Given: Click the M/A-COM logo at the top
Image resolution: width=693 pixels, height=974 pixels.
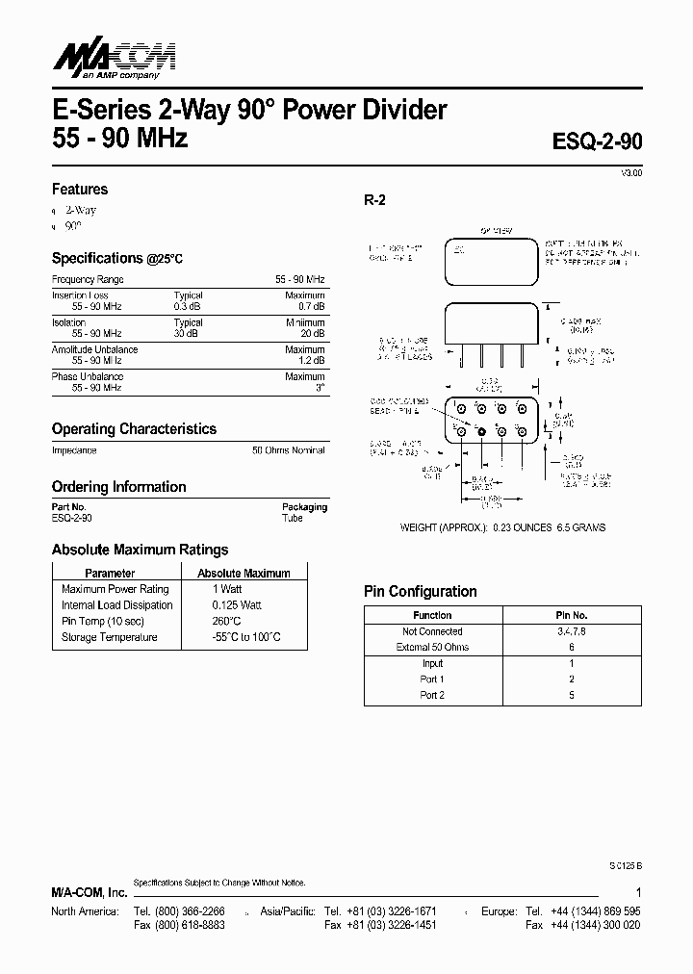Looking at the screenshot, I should [x=105, y=59].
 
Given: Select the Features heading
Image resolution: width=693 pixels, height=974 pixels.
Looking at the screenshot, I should [x=80, y=190].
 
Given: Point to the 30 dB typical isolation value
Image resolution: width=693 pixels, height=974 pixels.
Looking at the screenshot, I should [x=188, y=333].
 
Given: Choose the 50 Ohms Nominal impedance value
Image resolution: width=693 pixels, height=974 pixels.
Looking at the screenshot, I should [x=289, y=450].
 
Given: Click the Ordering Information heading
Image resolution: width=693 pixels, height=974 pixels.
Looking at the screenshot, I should [x=118, y=487].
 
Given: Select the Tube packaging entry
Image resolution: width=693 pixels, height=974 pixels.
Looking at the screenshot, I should [x=293, y=518].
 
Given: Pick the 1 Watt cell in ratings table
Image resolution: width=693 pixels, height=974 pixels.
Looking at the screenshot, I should [x=227, y=589].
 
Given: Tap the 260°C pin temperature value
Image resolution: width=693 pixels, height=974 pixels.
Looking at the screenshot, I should [x=227, y=621].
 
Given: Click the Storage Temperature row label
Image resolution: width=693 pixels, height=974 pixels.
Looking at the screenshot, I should [x=109, y=637].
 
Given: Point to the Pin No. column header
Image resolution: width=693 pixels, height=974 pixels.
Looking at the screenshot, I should [x=572, y=615].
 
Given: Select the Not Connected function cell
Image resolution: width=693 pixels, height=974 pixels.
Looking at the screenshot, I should [x=432, y=631].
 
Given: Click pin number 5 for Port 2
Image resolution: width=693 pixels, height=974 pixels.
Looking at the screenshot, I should [x=572, y=695].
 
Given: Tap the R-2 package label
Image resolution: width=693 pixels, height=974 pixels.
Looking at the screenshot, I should [x=374, y=200].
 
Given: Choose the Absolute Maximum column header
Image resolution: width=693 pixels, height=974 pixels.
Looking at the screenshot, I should [x=244, y=573].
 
